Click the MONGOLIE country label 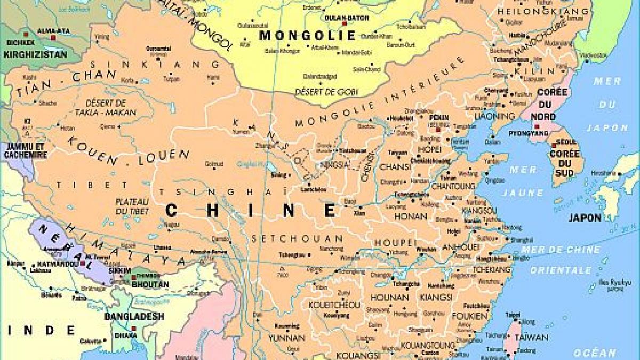click(x=307, y=36)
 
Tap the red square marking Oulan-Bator click(x=345, y=23)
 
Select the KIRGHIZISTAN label click(x=35, y=54)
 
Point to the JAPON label click(x=585, y=218)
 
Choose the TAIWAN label click(x=532, y=337)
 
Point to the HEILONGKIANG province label click(x=542, y=11)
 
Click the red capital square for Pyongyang click(x=537, y=126)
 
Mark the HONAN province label click(x=411, y=217)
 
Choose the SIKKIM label click(x=119, y=271)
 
